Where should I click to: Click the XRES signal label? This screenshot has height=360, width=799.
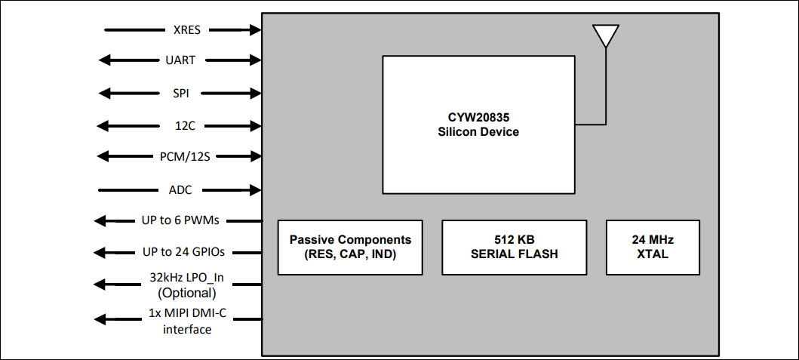pos(186,30)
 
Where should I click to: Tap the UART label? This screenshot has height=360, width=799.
pos(181,60)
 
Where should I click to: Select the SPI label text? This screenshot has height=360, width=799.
pos(181,94)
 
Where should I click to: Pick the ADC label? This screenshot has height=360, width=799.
pos(181,189)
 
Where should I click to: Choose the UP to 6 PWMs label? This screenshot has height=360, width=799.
pos(181,220)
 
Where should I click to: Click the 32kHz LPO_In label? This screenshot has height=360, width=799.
pos(187,278)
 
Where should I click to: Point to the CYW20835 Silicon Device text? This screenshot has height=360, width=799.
pos(478,125)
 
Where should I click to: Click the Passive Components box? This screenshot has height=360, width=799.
pos(350,247)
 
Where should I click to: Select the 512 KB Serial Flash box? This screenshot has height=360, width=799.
pos(514,247)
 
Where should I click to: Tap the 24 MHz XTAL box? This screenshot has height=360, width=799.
pos(653,247)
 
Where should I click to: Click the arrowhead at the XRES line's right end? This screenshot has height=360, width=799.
pos(257,30)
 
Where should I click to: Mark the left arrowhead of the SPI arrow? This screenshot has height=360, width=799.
pos(103,94)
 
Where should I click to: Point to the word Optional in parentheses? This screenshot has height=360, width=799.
pos(187,293)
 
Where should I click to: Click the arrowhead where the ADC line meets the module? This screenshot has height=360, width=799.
pos(257,189)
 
